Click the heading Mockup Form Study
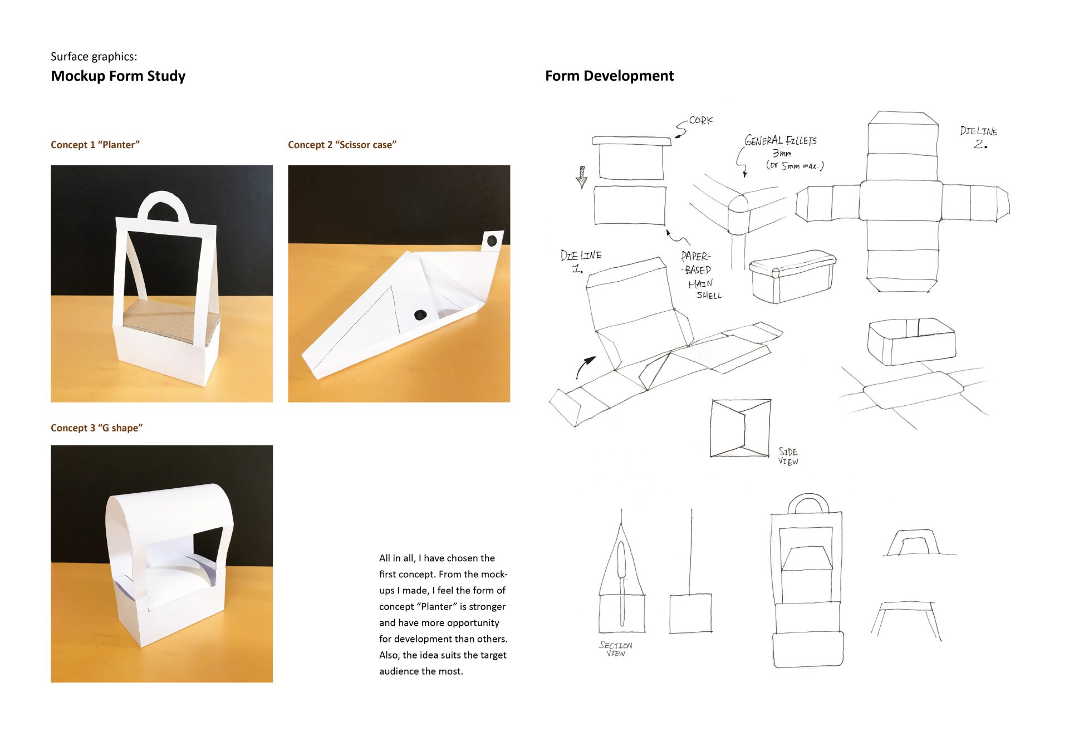pyautogui.click(x=118, y=76)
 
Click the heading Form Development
pyautogui.click(x=609, y=76)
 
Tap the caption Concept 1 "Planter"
pyautogui.click(x=95, y=145)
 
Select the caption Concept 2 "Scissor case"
pyautogui.click(x=342, y=145)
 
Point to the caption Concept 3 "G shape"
pyautogui.click(x=96, y=428)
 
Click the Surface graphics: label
pyautogui.click(x=94, y=57)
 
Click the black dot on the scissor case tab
pyautogui.click(x=492, y=241)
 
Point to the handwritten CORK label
pyautogui.click(x=700, y=120)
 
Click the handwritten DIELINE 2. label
pyautogui.click(x=979, y=137)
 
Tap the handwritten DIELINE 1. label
pyautogui.click(x=580, y=261)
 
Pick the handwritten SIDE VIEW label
pyautogui.click(x=788, y=456)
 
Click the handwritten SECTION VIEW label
pyautogui.click(x=615, y=649)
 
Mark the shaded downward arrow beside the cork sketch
pyautogui.click(x=582, y=177)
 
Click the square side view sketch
pyautogui.click(x=741, y=428)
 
